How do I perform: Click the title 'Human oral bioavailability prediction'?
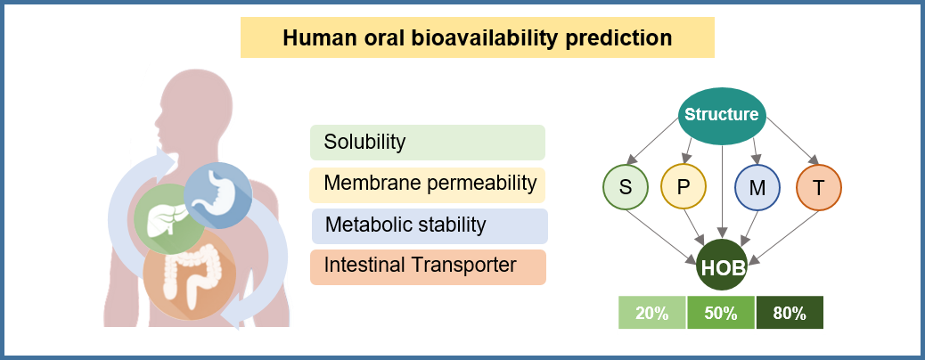pos(477,38)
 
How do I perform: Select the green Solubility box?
pos(428,142)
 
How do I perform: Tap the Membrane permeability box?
pos(428,184)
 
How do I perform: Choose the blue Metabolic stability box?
pos(429,225)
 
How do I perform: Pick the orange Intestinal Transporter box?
pos(428,266)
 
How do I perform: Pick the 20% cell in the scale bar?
pos(652,314)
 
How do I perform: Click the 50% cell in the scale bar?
pos(721,314)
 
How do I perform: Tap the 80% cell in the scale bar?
pos(790,314)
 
